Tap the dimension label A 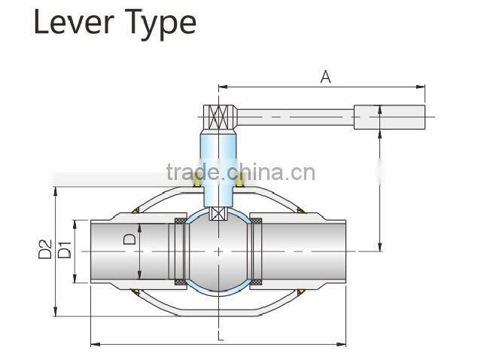325,77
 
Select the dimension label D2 44,249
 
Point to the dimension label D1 64,249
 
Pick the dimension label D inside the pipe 129,239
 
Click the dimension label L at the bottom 221,336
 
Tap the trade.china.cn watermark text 241,172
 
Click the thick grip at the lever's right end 389,117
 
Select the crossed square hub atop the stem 219,117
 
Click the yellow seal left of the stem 197,182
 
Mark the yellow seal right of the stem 241,182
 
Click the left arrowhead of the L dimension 93,345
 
